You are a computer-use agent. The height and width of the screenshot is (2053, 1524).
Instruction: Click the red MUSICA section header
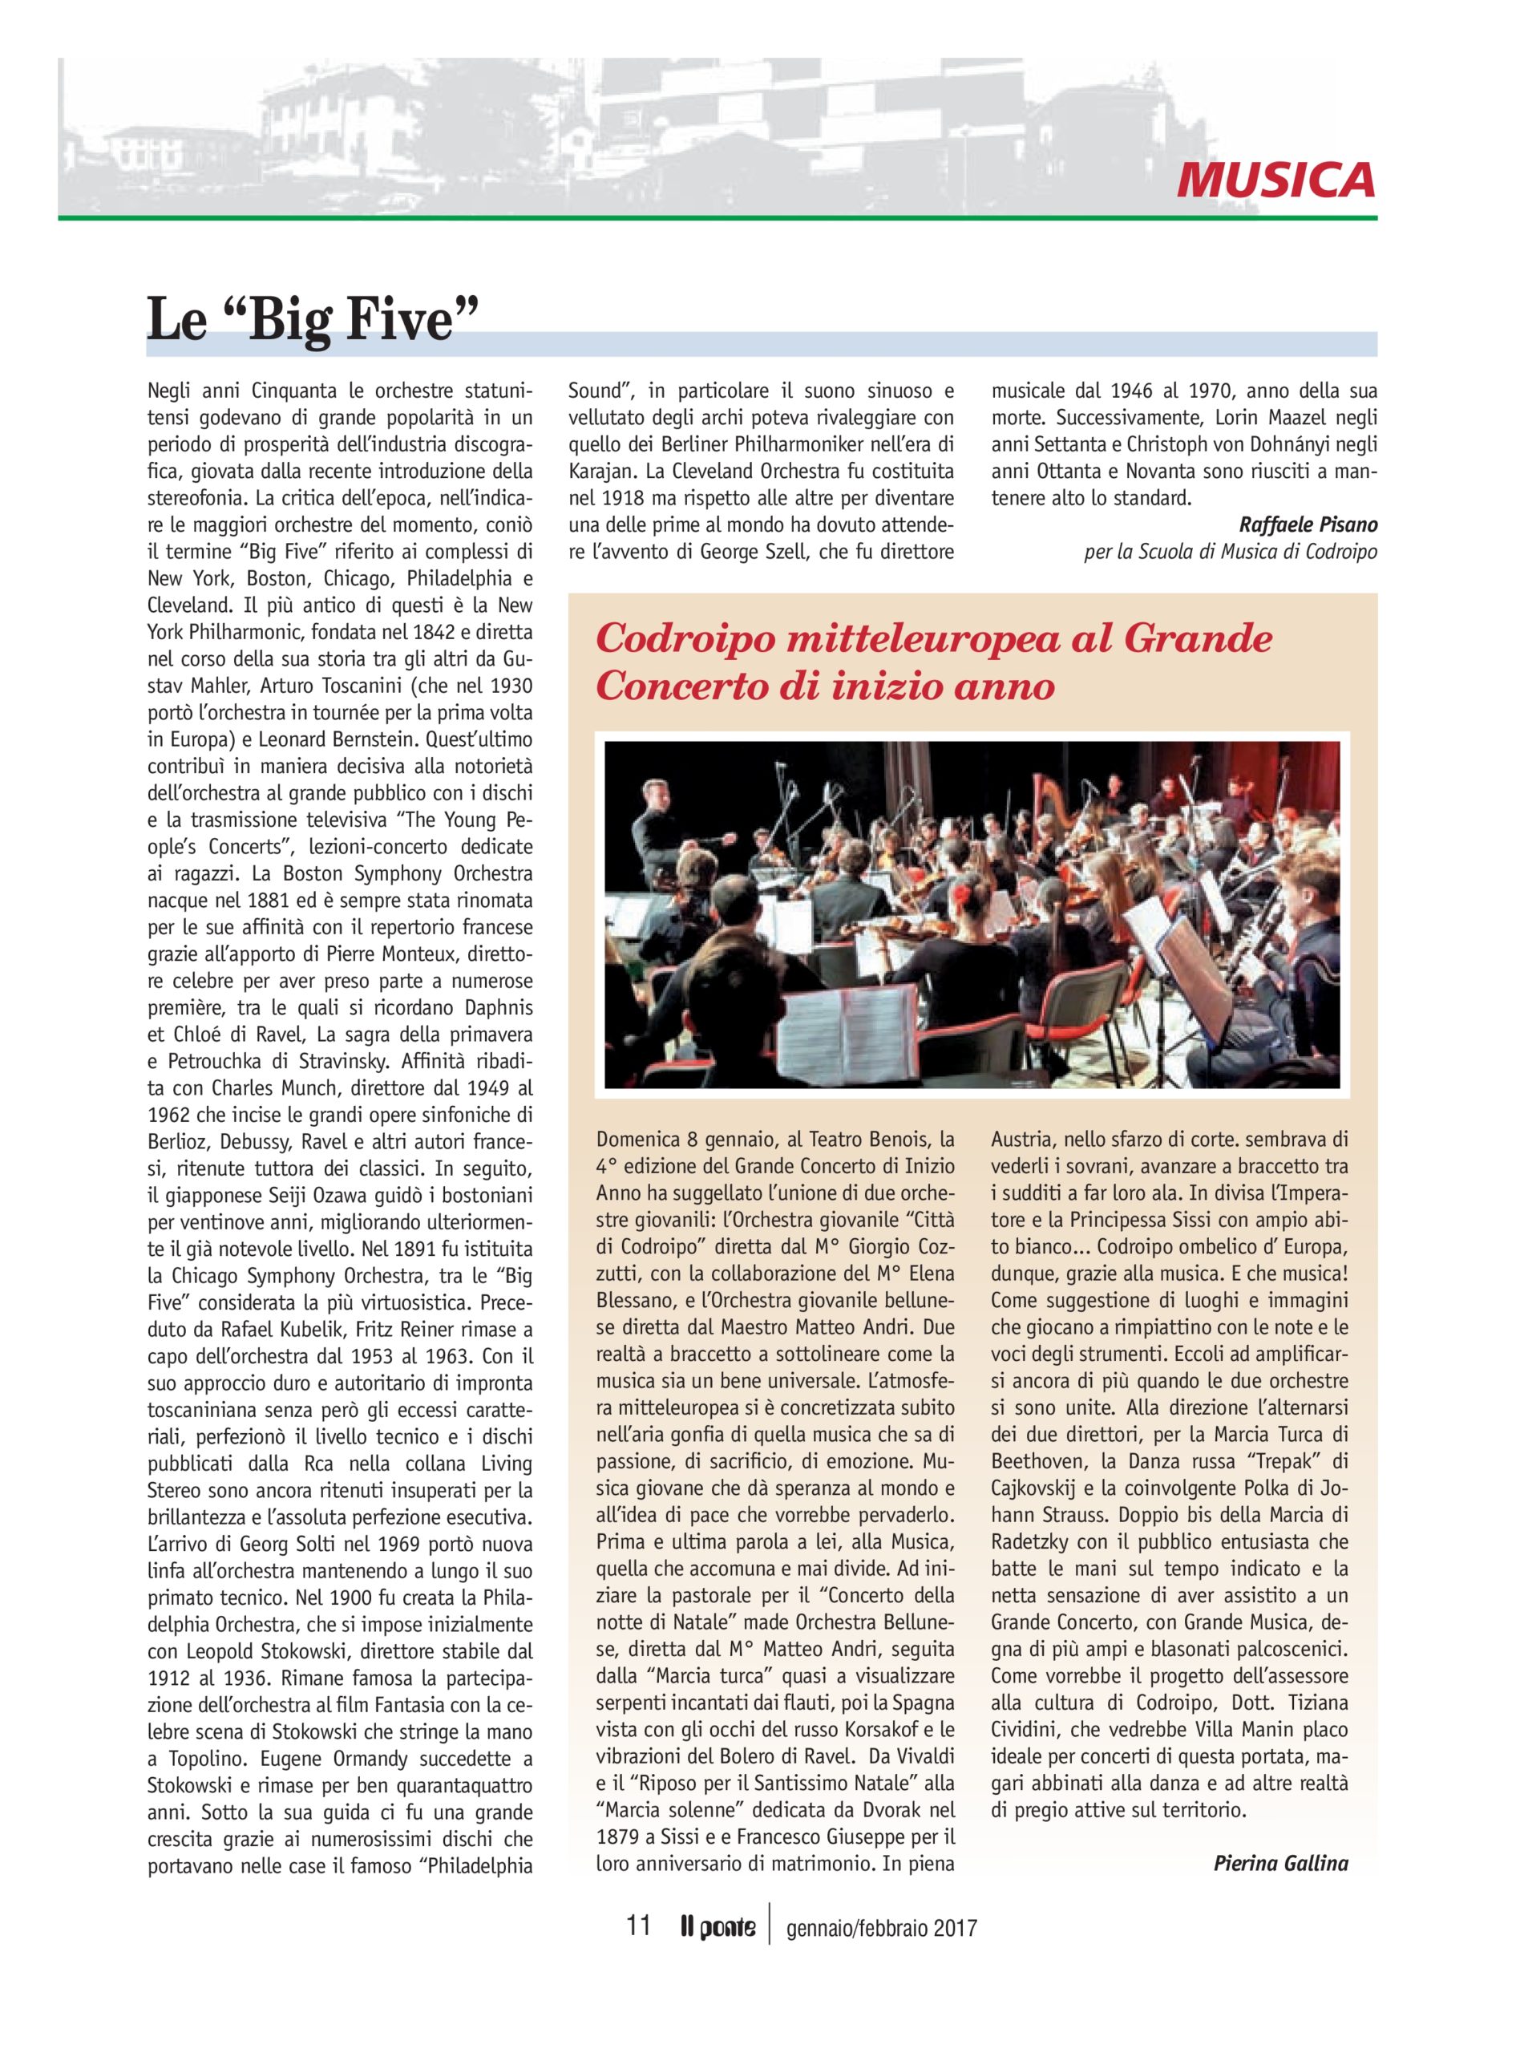click(1275, 180)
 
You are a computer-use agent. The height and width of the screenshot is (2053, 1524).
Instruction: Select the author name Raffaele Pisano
click(1308, 525)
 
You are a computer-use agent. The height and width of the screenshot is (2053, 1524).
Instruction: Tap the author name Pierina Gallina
click(1280, 1863)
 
